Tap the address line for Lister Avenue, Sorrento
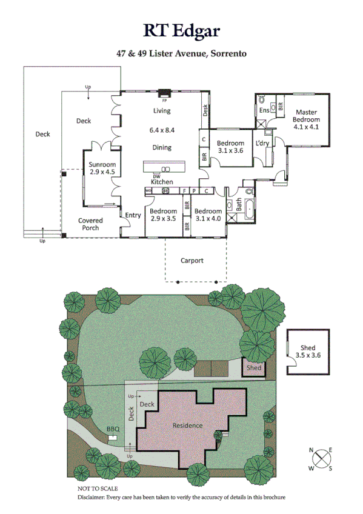(x=182, y=53)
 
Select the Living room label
(x=162, y=111)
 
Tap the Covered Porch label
(x=91, y=224)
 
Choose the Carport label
(x=191, y=261)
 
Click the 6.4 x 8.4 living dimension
(x=162, y=130)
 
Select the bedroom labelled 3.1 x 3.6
(x=230, y=147)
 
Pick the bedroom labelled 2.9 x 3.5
(x=163, y=215)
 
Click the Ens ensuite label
(x=264, y=110)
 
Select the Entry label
(x=133, y=215)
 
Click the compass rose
(x=321, y=459)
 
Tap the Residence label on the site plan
(x=187, y=425)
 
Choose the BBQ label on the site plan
(x=113, y=429)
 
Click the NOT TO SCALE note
(x=98, y=488)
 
